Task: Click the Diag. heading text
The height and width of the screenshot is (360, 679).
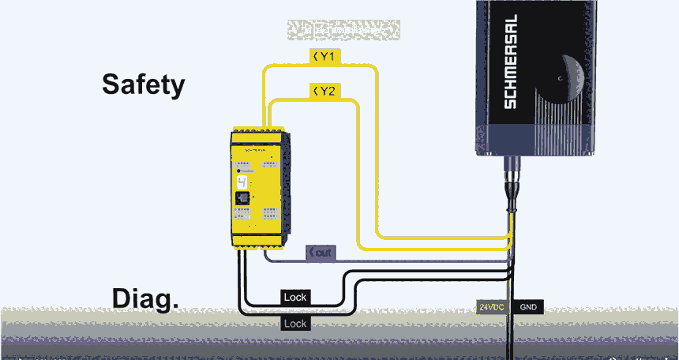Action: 144,298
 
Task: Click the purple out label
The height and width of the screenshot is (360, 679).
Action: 321,253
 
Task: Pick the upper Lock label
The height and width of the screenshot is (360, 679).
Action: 295,297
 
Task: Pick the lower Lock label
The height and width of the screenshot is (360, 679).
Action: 295,323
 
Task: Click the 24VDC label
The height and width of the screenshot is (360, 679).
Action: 492,307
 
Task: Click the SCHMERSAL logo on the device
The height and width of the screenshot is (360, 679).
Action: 510,62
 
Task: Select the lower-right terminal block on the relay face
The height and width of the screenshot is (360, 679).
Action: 269,214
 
